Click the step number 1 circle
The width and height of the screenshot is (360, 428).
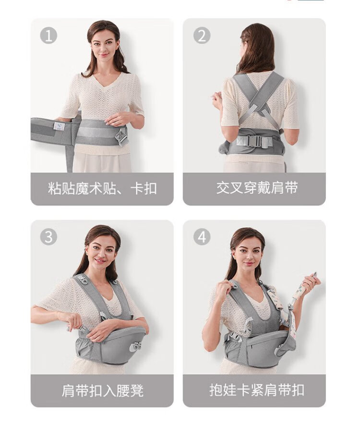coord(48,36)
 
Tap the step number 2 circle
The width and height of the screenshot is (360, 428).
coord(202,36)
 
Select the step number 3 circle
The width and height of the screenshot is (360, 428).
coord(48,237)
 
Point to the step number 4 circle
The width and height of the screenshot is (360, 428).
coord(202,237)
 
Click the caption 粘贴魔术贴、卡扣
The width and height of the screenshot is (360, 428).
coord(102,189)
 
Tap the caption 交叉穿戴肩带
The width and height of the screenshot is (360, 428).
coord(257,188)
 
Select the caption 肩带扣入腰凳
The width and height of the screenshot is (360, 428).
coord(103,391)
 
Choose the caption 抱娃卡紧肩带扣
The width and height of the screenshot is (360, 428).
coord(257,390)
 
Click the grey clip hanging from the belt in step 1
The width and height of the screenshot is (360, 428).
coord(121,136)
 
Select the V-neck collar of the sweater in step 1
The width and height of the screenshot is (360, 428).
coord(104,81)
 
